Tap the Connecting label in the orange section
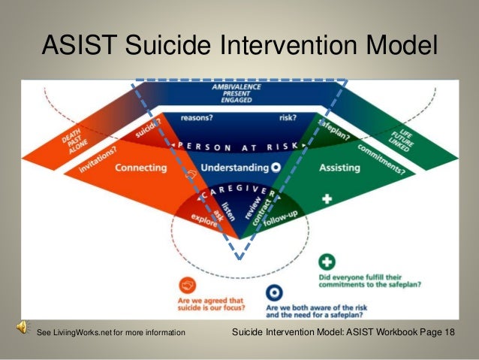click(x=140, y=168)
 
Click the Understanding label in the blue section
click(x=235, y=168)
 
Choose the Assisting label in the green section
click(x=341, y=168)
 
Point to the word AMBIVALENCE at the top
click(x=239, y=88)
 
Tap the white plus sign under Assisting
click(x=327, y=199)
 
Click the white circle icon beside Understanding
click(x=276, y=168)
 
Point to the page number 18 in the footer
click(x=448, y=331)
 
